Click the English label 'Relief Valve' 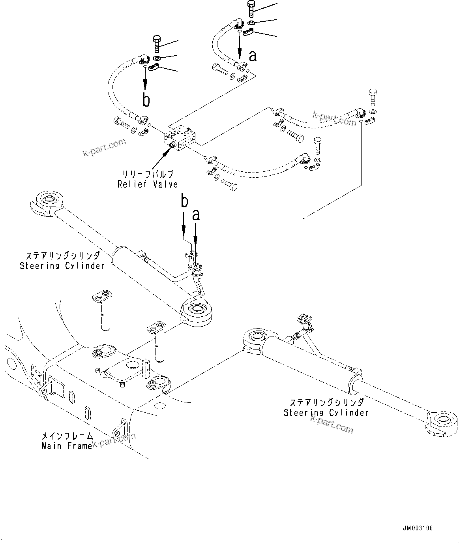pyautogui.click(x=148, y=184)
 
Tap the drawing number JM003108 pyautogui.click(x=418, y=528)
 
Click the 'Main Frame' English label pyautogui.click(x=67, y=446)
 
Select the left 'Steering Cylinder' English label pyautogui.click(x=62, y=265)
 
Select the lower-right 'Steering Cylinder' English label pyautogui.click(x=326, y=413)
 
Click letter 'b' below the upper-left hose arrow pyautogui.click(x=146, y=100)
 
